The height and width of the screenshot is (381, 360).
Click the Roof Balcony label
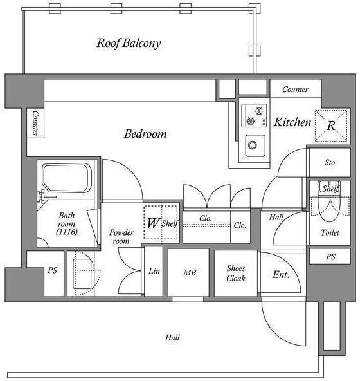pos(129,43)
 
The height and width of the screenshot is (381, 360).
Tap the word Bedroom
pos(145,134)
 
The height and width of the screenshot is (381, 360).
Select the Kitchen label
pos(292,122)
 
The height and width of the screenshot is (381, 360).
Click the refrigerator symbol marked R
pos(331,125)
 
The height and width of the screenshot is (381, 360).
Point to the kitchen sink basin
pos(255,145)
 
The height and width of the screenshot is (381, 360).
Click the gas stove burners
pos(254,115)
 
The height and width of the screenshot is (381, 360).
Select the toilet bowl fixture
pos(329,201)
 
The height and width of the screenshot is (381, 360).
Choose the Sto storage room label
pos(330,162)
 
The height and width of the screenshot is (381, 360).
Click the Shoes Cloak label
pos(236,273)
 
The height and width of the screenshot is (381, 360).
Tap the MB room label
pos(190,272)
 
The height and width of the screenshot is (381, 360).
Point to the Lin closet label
pos(154,271)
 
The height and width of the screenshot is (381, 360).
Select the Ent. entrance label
pos(281,275)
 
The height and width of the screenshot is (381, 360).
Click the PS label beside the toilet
pos(330,256)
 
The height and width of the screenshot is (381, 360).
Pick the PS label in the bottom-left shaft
pos(53,270)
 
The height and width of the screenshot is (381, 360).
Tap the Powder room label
pos(121,237)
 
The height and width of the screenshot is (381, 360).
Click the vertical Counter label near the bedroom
pos(35,124)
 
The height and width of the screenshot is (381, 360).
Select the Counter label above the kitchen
pos(295,89)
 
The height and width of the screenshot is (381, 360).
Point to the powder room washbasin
pos(82,274)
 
